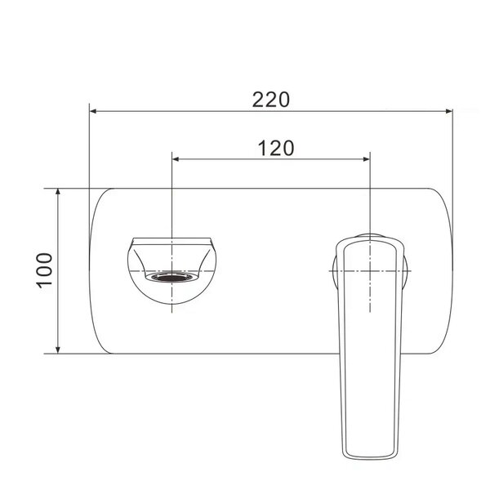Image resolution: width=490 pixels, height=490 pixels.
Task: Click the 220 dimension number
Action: [271, 100]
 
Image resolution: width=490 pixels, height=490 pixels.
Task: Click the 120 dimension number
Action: [276, 148]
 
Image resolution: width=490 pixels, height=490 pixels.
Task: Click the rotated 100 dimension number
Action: [44, 270]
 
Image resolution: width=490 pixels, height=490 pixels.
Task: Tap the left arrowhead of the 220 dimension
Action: [92, 111]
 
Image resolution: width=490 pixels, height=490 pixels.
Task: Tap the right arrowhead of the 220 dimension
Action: [449, 111]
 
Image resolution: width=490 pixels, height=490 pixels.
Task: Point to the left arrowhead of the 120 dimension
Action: [176, 159]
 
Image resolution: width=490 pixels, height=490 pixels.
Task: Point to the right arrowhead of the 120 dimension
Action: [367, 159]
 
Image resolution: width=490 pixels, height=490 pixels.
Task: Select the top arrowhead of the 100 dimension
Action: [58, 192]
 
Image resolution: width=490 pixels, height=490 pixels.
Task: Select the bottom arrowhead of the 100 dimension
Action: [58, 350]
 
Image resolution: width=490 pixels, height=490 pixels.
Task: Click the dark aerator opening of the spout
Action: [171, 277]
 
